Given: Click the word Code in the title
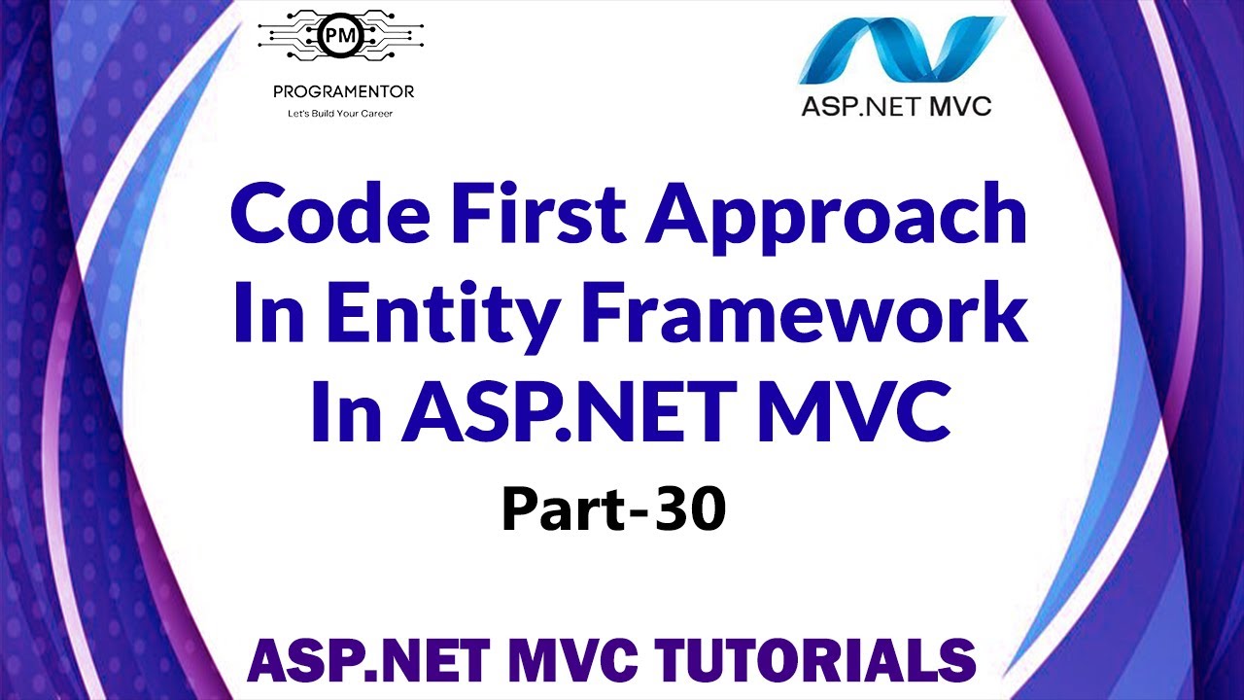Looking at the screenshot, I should [314, 216].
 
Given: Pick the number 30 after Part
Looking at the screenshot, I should [690, 510].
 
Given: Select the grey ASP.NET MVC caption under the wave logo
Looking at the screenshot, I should [895, 106].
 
